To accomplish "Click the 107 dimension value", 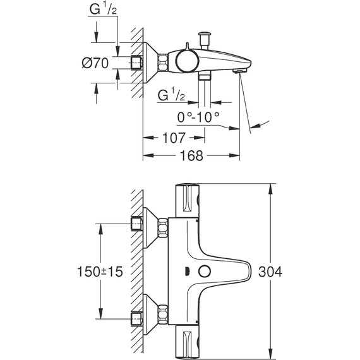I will (171, 138).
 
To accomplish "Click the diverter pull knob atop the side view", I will (204, 33).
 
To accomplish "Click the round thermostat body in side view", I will (186, 61).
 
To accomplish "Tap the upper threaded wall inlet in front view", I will (136, 224).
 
